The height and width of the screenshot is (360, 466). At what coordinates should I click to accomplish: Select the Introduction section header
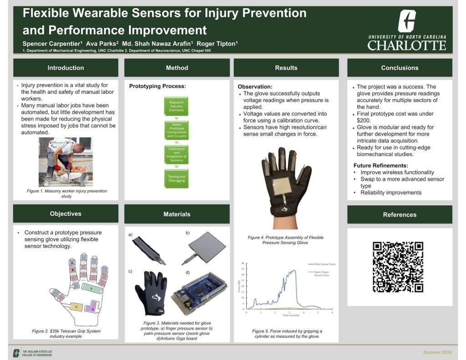(66, 68)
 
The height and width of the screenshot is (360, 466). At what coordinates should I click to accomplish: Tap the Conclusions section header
(400, 68)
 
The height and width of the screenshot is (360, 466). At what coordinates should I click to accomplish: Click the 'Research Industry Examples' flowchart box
(177, 106)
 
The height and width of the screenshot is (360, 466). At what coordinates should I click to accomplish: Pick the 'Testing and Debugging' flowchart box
(177, 178)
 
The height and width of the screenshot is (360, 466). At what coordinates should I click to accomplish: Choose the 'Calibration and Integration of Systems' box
(177, 154)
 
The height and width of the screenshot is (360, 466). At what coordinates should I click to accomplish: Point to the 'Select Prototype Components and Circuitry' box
(177, 130)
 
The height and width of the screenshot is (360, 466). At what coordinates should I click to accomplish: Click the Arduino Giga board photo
(198, 295)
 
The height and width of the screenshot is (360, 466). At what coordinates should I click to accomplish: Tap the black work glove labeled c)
(152, 292)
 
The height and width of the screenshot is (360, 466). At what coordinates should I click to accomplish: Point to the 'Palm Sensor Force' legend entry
(322, 264)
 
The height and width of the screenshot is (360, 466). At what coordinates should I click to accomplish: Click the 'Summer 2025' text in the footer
(437, 353)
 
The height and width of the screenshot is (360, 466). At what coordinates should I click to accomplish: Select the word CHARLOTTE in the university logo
(406, 46)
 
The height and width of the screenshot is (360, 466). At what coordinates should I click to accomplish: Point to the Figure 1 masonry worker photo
(66, 162)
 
